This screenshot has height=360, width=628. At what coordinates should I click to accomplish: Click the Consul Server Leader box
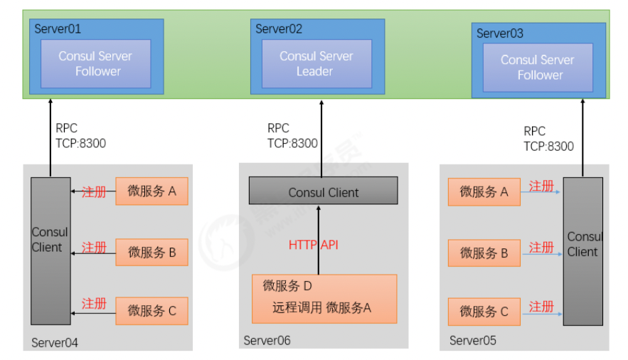tap(316, 63)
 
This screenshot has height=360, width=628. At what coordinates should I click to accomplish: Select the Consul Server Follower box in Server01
tap(95, 63)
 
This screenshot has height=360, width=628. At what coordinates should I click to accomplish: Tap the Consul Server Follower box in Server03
tap(538, 67)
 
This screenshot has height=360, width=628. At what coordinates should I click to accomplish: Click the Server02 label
tap(279, 29)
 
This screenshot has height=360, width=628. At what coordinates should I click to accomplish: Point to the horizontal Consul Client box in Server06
tap(323, 192)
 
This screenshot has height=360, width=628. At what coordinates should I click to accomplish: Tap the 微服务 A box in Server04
tap(151, 191)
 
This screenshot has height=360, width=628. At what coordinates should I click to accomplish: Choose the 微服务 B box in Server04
tap(151, 252)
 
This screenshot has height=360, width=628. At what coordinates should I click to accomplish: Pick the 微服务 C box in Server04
tap(151, 311)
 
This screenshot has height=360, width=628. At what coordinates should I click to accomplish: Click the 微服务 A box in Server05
tap(484, 191)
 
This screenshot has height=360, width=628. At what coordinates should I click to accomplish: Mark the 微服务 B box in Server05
tap(484, 253)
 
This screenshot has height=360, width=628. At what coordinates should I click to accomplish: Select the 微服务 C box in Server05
tap(484, 312)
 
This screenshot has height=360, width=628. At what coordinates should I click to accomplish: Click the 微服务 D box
tap(324, 298)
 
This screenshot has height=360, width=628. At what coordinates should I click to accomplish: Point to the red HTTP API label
tap(313, 245)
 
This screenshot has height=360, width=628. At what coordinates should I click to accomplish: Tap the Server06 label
tap(267, 341)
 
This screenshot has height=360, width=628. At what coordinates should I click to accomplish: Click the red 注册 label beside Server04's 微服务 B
tap(95, 248)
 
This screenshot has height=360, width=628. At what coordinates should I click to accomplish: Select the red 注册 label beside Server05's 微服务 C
tap(542, 307)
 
